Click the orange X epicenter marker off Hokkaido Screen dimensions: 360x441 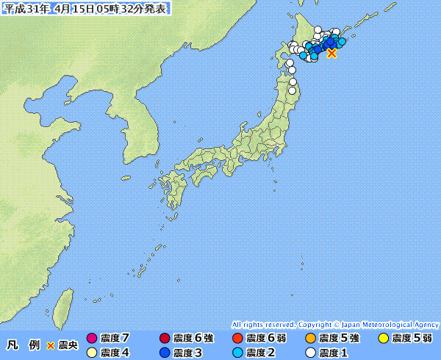point(331,53)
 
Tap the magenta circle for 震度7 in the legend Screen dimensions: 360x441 point(92,339)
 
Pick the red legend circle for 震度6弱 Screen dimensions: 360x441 point(237,339)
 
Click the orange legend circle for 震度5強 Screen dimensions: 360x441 point(310,339)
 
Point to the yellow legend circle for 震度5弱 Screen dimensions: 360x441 point(383,339)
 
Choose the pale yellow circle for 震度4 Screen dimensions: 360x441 point(92,353)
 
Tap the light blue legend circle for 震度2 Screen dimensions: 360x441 point(237,353)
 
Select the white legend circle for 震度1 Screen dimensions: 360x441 point(310,353)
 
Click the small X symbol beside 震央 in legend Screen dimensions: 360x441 point(51,345)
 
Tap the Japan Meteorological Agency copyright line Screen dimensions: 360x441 point(335,324)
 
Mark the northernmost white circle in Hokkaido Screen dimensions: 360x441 point(318,29)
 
